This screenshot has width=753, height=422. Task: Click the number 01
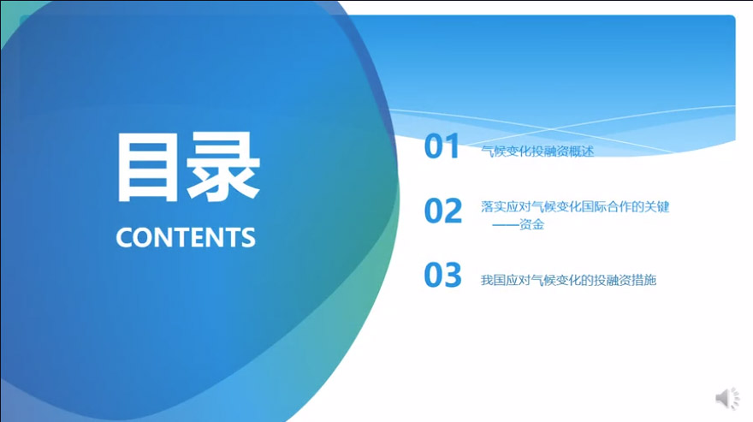click(442, 146)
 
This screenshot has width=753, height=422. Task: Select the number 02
click(442, 211)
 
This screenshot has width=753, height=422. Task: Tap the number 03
click(442, 275)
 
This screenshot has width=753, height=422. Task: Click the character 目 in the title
click(144, 167)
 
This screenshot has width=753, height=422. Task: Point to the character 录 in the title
click(222, 166)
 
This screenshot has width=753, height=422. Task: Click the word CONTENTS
click(186, 237)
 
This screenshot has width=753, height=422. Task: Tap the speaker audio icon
click(727, 398)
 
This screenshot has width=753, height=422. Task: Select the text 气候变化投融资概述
click(537, 152)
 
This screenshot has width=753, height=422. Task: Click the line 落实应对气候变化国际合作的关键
click(575, 207)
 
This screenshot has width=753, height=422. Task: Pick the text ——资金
click(519, 224)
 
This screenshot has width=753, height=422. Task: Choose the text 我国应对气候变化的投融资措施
click(568, 280)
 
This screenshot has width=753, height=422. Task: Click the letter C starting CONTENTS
click(124, 237)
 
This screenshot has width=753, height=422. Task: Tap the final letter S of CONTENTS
click(248, 237)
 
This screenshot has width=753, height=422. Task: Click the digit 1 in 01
click(452, 146)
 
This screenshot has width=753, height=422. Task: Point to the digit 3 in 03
click(453, 275)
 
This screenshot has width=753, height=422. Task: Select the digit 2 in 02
click(453, 211)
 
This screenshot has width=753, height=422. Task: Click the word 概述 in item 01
click(581, 152)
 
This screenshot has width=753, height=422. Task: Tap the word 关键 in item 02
click(657, 207)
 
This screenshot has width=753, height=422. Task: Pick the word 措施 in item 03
click(643, 280)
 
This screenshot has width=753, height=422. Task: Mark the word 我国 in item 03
click(494, 280)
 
